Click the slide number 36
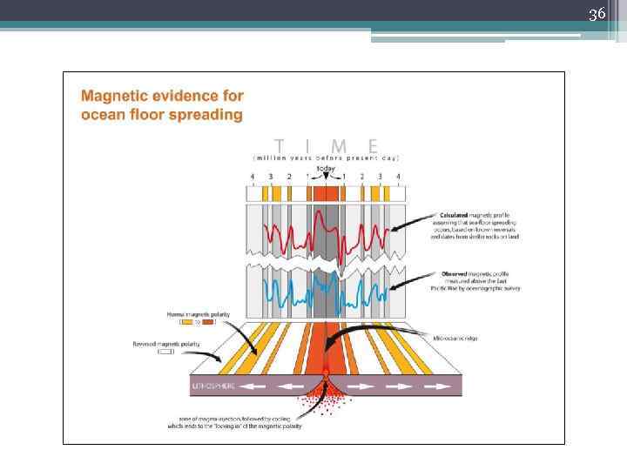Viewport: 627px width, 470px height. click(597, 13)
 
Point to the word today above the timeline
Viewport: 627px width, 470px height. click(326, 168)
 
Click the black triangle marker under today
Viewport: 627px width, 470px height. click(326, 177)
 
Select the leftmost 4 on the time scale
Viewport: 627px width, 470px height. click(253, 177)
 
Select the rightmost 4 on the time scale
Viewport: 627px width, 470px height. click(398, 177)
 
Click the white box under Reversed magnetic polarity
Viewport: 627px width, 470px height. click(166, 352)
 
